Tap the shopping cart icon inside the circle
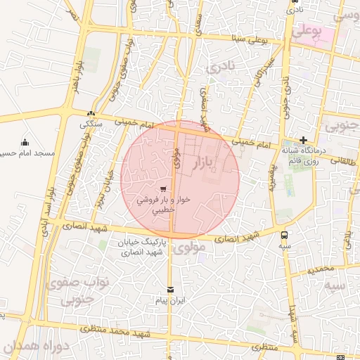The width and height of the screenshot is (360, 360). click(164, 188)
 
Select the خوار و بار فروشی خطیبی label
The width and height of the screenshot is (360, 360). click(163, 205)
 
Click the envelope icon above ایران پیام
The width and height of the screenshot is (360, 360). click(169, 290)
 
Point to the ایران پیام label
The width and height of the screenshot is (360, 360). click(169, 300)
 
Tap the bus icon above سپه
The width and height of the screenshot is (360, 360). click(284, 236)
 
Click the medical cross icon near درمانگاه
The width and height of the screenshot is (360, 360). click(303, 140)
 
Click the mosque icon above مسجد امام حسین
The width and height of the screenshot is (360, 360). click(25, 141)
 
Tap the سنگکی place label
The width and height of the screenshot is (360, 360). click(89, 124)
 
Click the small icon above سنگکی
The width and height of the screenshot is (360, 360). click(90, 114)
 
